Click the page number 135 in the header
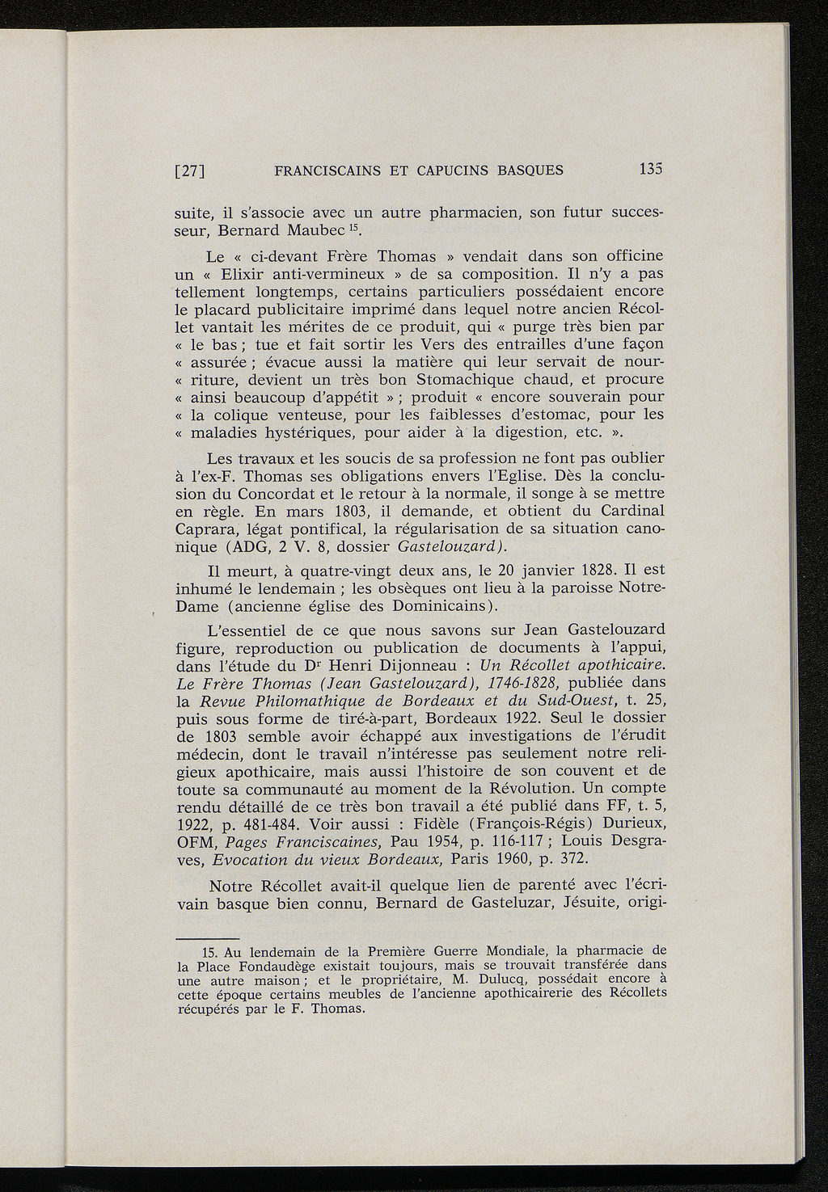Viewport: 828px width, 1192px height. (x=651, y=170)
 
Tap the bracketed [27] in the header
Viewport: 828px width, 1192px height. (x=192, y=171)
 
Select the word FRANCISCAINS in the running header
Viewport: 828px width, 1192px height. (x=328, y=171)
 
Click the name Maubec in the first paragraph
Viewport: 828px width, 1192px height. (x=290, y=232)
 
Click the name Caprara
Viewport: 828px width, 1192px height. (x=208, y=528)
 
